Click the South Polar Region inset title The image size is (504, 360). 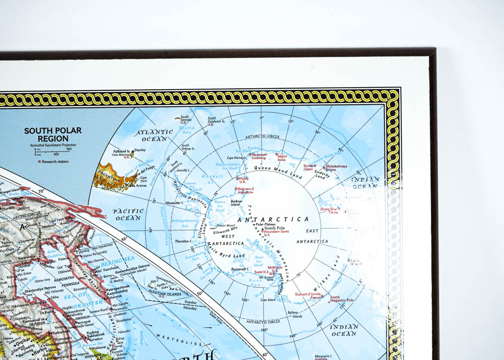(x=52, y=134)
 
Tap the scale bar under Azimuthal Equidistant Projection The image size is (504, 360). (x=52, y=151)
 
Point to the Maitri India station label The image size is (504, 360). (x=282, y=158)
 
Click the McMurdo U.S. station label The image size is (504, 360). (x=276, y=268)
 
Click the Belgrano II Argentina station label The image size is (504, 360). (x=245, y=191)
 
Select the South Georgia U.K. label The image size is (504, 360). (x=185, y=119)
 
